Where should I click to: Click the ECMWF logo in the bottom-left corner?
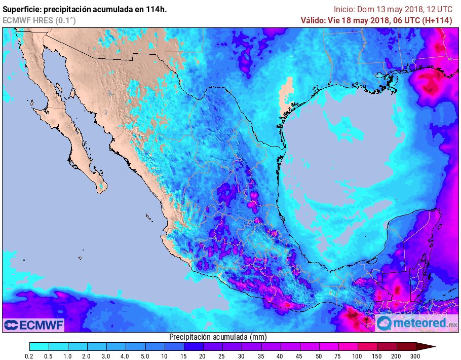coord(33,325)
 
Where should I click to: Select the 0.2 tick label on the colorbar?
coord(29,356)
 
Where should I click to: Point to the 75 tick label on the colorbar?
coord(338,356)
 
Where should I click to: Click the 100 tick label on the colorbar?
coord(358,356)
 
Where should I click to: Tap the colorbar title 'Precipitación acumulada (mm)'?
coord(218,337)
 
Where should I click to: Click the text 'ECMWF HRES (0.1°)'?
coord(39,20)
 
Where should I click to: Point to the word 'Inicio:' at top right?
coord(344,9)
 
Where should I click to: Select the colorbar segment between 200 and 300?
coord(406,347)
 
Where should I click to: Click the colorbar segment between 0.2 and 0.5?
coord(39,347)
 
